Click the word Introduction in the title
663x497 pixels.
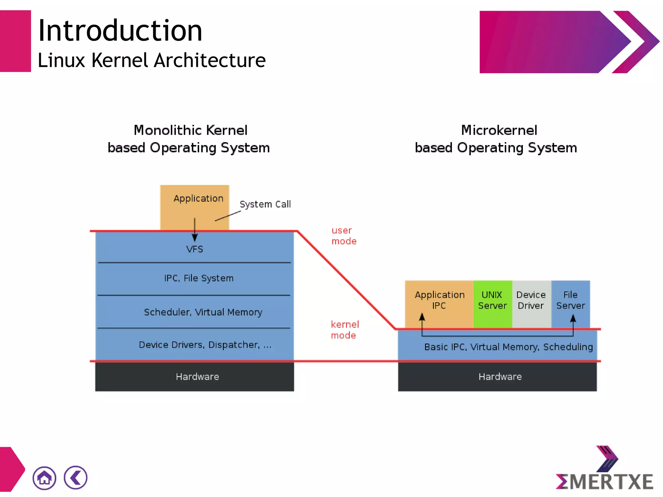(x=120, y=31)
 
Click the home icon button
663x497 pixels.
(x=44, y=478)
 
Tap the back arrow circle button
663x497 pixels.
(x=76, y=478)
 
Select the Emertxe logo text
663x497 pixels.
(x=604, y=481)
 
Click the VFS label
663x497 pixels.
(x=195, y=249)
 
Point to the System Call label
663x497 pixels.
(x=265, y=204)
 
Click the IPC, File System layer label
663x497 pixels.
(x=199, y=278)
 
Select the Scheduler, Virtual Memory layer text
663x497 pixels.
(x=203, y=312)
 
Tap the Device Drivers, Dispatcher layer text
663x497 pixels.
(x=205, y=345)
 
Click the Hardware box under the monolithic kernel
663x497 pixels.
(x=197, y=377)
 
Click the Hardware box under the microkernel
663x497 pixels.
(x=500, y=377)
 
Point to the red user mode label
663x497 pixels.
(x=344, y=236)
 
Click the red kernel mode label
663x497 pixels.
(x=344, y=330)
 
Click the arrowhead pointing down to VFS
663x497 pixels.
(x=195, y=238)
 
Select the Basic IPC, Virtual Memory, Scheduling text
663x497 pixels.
(x=508, y=347)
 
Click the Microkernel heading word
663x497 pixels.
(x=499, y=130)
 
